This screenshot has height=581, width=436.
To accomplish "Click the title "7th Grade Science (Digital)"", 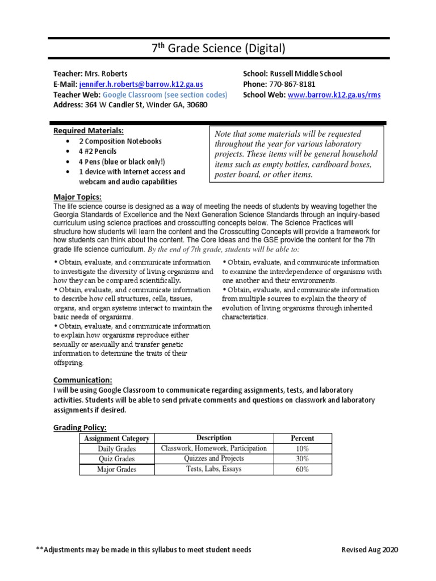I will [217, 48].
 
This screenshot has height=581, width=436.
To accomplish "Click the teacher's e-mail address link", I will [141, 84].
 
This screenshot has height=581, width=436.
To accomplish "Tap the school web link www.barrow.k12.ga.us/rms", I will [334, 95].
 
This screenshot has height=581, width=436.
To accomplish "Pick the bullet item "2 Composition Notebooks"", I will [120, 141].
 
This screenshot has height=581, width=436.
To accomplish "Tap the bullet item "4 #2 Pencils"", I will [102, 151].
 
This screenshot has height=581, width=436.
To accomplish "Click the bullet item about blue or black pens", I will [114, 162].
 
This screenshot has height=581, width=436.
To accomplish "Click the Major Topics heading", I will [77, 197].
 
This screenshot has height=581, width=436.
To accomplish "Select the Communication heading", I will [82, 380].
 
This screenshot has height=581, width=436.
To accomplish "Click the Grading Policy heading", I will [80, 427].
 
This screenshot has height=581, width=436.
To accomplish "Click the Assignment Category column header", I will [116, 439].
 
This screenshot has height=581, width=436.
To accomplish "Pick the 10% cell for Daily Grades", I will [302, 449].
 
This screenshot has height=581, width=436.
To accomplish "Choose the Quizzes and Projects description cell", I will [213, 458].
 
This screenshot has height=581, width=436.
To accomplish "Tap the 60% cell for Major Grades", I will [302, 469].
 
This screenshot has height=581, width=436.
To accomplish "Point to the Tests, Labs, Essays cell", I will [213, 469].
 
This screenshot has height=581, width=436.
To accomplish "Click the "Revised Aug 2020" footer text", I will [370, 550].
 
